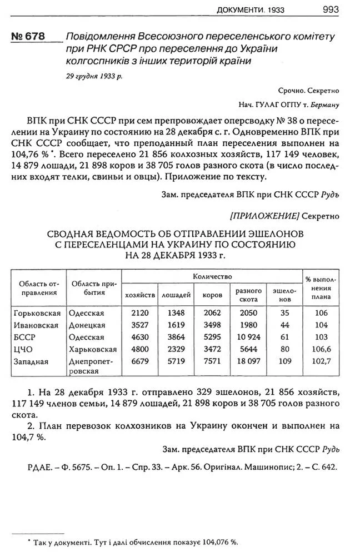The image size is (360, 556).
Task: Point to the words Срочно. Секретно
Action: (x=309, y=90)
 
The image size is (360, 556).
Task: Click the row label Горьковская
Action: (x=37, y=314)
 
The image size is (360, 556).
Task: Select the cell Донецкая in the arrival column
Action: (x=87, y=325)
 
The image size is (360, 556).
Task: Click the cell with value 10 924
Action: (x=248, y=337)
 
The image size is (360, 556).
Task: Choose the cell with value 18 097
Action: (x=248, y=361)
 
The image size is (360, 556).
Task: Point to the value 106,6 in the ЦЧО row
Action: (x=322, y=349)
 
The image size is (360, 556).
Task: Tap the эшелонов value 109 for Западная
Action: (x=284, y=361)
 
